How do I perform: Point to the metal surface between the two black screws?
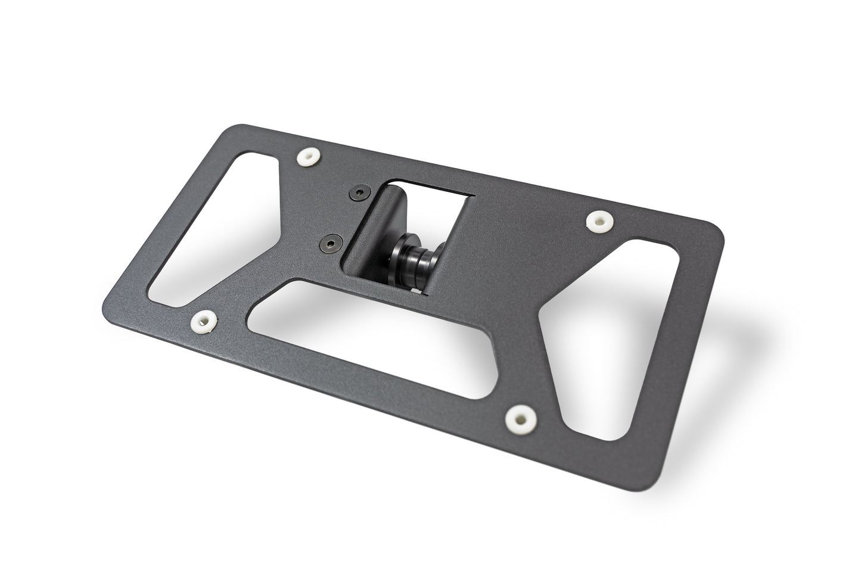342,217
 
